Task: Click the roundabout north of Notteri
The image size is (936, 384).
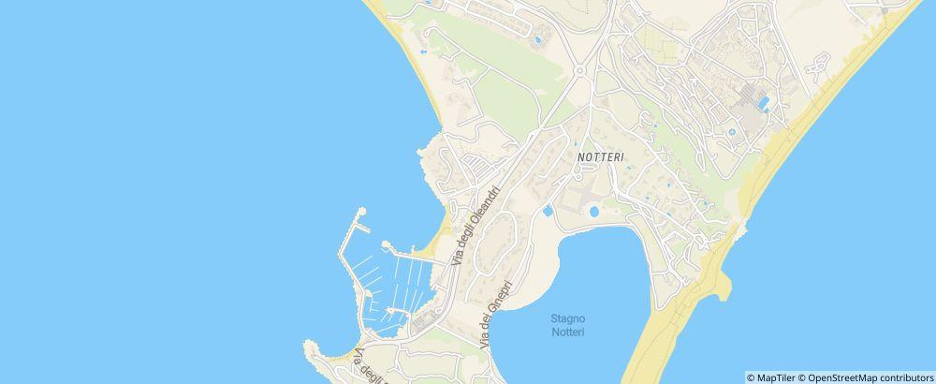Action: pyautogui.click(x=580, y=70)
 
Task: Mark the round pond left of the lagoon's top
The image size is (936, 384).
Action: pyautogui.click(x=593, y=214)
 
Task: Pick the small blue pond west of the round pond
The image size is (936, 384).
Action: pyautogui.click(x=548, y=211)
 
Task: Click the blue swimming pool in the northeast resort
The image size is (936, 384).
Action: pyautogui.click(x=764, y=101)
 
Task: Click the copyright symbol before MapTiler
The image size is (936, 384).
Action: pyautogui.click(x=751, y=377)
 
